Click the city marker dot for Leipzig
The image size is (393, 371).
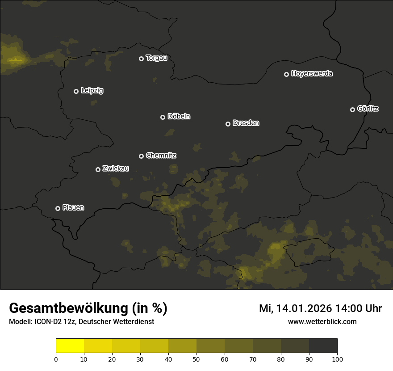coord(76,91)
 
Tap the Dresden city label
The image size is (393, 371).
coord(246,123)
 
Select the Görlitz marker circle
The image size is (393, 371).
coord(352,110)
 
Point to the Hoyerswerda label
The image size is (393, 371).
coord(312,74)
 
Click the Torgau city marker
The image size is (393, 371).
coord(141,59)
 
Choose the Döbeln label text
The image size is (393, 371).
coord(179,117)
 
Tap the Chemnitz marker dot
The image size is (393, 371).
coord(141,156)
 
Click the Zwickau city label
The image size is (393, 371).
coord(116,169)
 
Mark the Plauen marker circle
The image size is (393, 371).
coord(58,208)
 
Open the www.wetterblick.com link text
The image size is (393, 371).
coord(322,322)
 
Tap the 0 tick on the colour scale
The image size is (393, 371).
coord(56,359)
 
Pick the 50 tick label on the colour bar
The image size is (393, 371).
coord(196,359)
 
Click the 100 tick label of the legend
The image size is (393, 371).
coord(337,359)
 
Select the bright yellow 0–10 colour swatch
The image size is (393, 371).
coord(70,346)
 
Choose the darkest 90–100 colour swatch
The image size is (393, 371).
coord(323,346)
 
